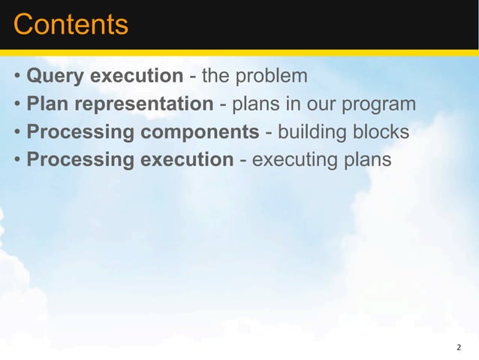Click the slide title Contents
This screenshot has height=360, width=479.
[71, 26]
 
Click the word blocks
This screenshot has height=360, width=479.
[382, 132]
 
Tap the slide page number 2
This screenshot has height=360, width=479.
[459, 348]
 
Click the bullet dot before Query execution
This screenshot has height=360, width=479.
[17, 77]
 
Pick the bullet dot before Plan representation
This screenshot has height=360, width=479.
[17, 105]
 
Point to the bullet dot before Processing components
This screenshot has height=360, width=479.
[17, 133]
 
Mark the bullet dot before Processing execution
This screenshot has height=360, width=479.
[17, 161]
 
